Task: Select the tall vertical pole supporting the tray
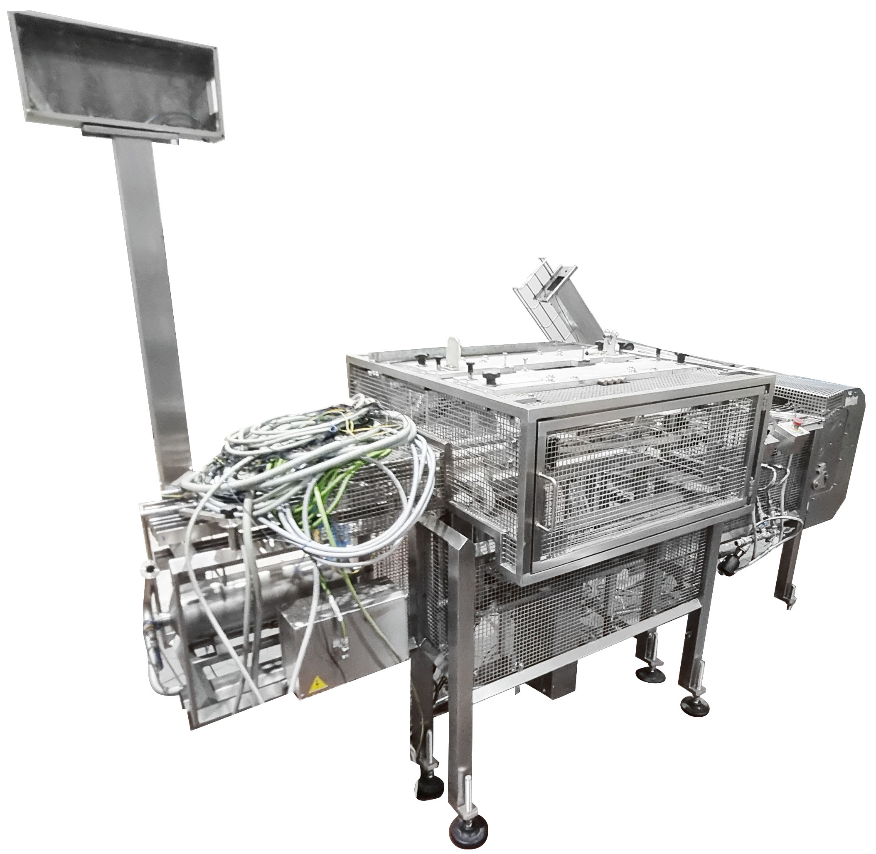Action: pyautogui.click(x=153, y=291)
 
